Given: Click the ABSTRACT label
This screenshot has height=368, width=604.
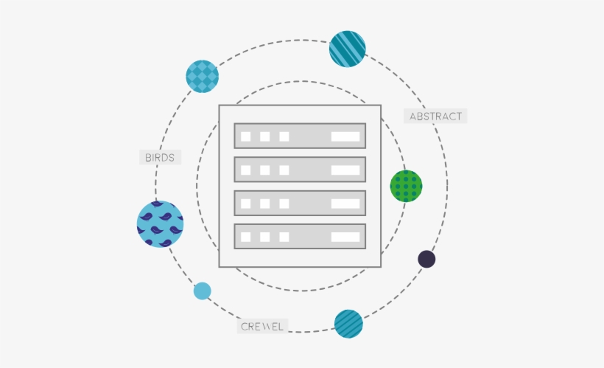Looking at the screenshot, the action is pos(435,116).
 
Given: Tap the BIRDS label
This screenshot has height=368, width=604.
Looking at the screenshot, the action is pos(161,157).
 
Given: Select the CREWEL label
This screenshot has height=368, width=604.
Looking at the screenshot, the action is pos(262,327).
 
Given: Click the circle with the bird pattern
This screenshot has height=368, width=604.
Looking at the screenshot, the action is pos(161,224).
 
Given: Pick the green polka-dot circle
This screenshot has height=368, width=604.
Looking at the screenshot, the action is pos(406,186).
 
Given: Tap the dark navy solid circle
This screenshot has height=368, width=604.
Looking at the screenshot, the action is pos(426,259).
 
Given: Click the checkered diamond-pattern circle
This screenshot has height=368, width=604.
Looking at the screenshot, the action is pos(203,77).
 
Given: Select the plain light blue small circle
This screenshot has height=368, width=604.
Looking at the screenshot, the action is pos(203,291).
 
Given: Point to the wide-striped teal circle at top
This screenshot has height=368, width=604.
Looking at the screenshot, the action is pos(348,49).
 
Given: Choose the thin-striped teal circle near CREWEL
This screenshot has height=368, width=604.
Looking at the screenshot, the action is pos(348,324).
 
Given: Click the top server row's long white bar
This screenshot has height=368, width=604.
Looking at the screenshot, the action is pos(345,136).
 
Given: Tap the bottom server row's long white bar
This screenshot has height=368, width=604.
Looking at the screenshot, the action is pos(345,237).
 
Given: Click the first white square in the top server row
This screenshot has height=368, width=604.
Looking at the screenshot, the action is pos(246,136).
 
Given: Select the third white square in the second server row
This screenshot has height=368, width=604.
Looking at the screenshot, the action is pos(284,170).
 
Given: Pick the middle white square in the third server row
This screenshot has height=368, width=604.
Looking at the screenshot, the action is pos(265,204).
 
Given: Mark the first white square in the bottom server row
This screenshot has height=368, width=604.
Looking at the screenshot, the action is pos(246,237).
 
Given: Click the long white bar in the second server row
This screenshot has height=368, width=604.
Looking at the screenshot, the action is pos(345,170).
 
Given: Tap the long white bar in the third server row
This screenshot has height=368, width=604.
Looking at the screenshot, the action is pos(345,204).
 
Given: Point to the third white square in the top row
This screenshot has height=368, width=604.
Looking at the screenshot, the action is pos(284,136).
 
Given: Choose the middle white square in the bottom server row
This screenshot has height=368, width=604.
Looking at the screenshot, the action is pos(265,237).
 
